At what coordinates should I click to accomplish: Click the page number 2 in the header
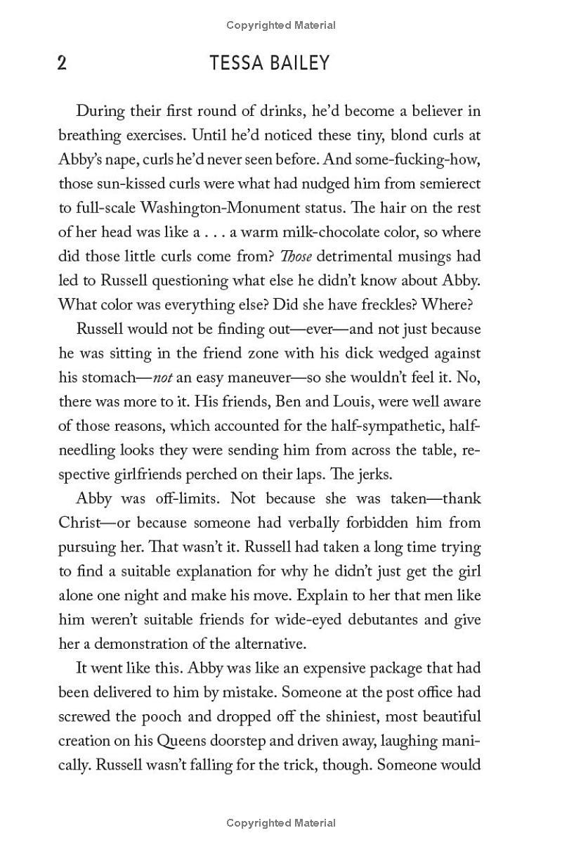click(x=62, y=63)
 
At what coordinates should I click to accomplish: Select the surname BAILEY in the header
click(x=301, y=63)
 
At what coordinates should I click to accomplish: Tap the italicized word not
click(x=163, y=377)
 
